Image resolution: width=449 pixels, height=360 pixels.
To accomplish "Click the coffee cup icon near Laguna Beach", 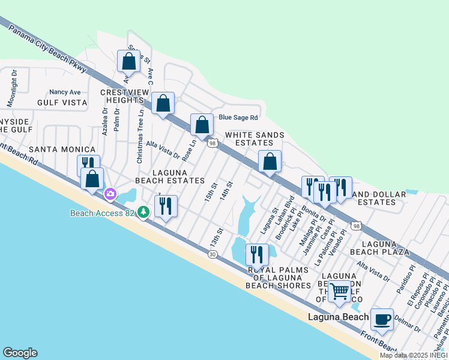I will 382,319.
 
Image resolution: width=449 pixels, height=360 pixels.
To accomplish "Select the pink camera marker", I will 110,193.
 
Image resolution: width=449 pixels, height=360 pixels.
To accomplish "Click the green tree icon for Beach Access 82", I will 143,212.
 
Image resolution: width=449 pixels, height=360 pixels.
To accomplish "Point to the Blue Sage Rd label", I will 238,118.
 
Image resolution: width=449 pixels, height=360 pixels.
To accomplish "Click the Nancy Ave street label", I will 65,92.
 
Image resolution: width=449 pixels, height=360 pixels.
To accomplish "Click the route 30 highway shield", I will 212,254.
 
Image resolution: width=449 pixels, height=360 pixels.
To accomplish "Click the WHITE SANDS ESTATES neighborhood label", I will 249,139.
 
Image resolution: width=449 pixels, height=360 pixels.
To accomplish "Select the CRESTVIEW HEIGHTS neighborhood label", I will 122,97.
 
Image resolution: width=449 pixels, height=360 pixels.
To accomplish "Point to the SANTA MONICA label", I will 62,149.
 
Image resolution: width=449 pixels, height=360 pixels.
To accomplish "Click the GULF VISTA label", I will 62,103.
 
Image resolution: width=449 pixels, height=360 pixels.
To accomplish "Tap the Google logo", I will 20,353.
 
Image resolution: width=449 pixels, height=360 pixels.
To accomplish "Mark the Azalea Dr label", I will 105,121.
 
